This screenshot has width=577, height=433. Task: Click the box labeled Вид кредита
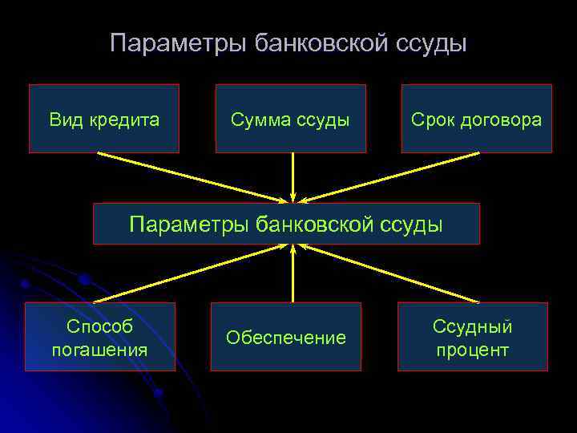pyautogui.click(x=104, y=119)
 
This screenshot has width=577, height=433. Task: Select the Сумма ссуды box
pyautogui.click(x=290, y=119)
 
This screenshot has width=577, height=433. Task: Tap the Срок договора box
pyautogui.click(x=476, y=119)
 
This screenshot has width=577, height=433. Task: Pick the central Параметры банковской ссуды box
pyautogui.click(x=286, y=224)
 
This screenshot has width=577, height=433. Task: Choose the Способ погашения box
pyautogui.click(x=99, y=337)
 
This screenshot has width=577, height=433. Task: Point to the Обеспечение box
pyautogui.click(x=286, y=337)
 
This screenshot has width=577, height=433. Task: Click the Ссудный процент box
pyautogui.click(x=473, y=337)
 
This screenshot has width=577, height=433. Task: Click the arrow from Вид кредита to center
pyautogui.click(x=192, y=176)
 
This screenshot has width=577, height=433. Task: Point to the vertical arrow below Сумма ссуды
pyautogui.click(x=293, y=176)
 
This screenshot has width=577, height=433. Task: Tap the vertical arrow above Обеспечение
pyautogui.click(x=293, y=273)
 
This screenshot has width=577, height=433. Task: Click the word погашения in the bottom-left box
pyautogui.click(x=99, y=350)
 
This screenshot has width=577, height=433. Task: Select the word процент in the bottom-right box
pyautogui.click(x=473, y=350)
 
